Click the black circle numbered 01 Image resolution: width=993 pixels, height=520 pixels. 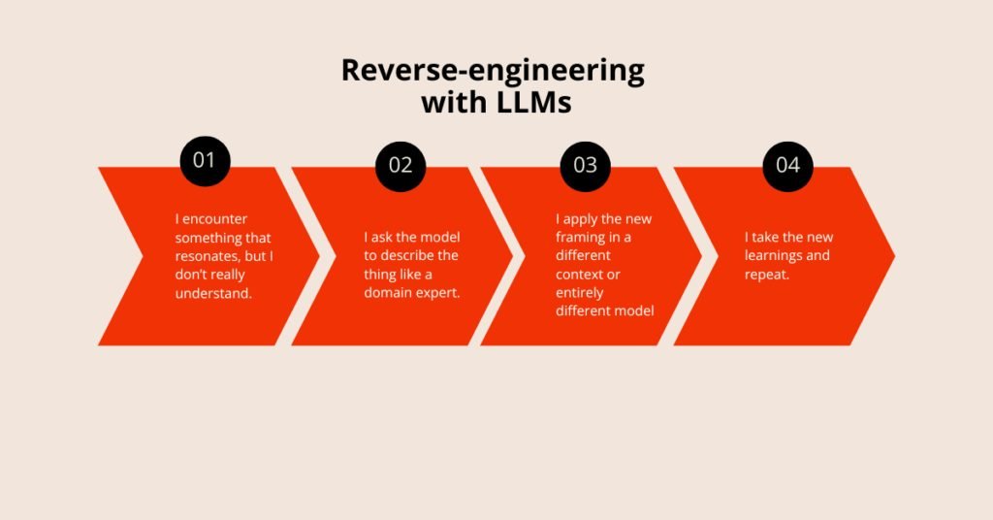coord(205,161)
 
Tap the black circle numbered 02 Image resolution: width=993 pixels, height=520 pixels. coord(400,166)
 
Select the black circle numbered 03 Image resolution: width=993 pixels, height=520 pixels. coord(585,166)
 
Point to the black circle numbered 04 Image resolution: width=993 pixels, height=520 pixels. coord(787,166)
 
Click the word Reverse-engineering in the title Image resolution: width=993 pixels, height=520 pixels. coord(493,70)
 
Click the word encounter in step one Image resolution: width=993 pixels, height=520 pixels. coord(214,219)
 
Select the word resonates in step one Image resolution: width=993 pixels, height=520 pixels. coord(208,256)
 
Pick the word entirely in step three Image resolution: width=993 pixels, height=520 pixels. coord(580,293)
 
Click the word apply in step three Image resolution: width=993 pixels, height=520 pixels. coord(581,220)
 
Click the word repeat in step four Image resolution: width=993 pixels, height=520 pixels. coord(766,275)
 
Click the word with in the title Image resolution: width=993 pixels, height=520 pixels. coord(452,102)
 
